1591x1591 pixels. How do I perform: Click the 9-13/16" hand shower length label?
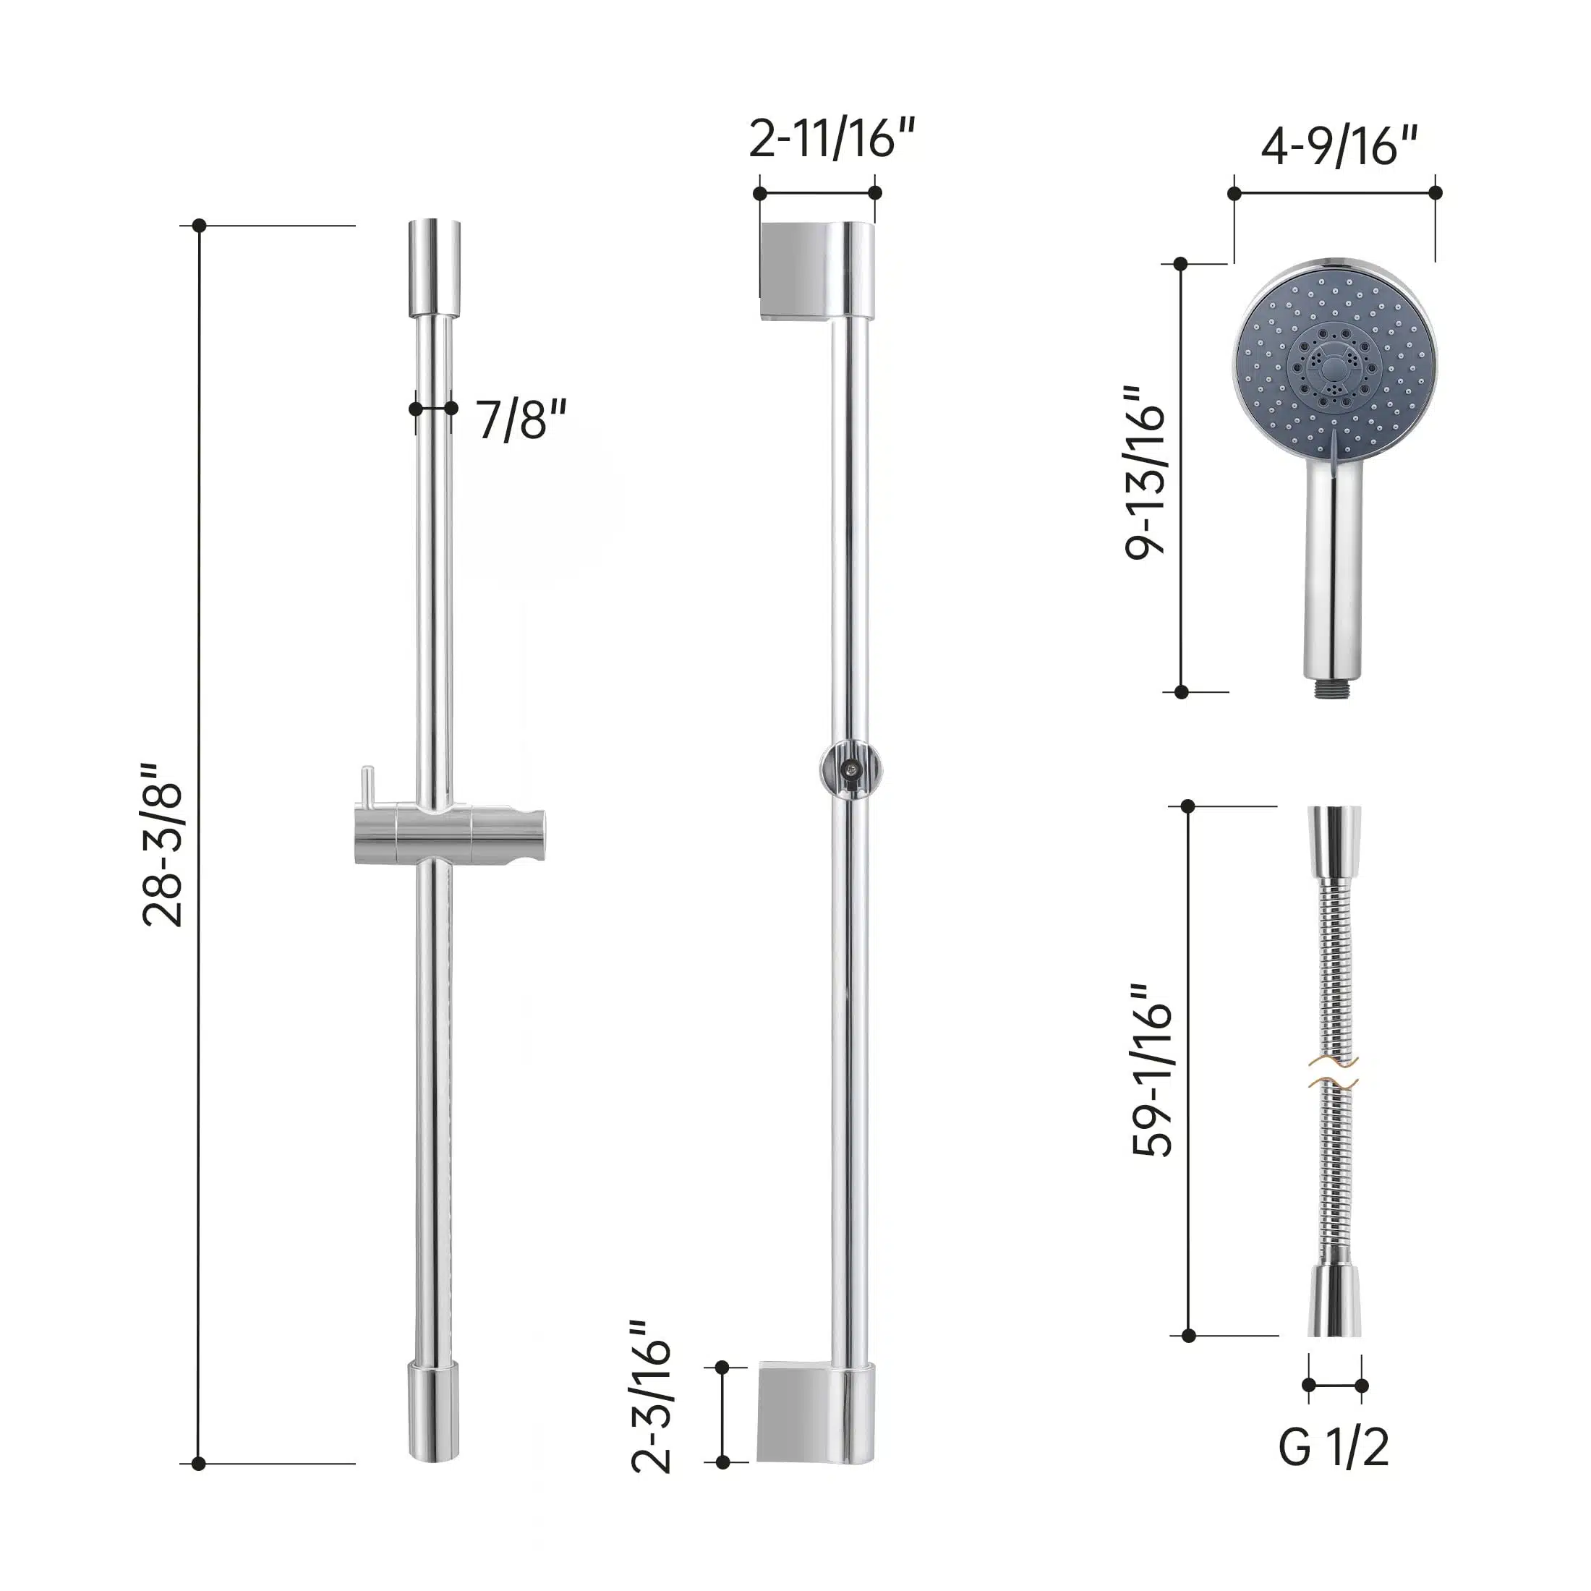[1146, 473]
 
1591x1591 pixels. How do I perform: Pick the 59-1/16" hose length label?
[1152, 1070]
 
